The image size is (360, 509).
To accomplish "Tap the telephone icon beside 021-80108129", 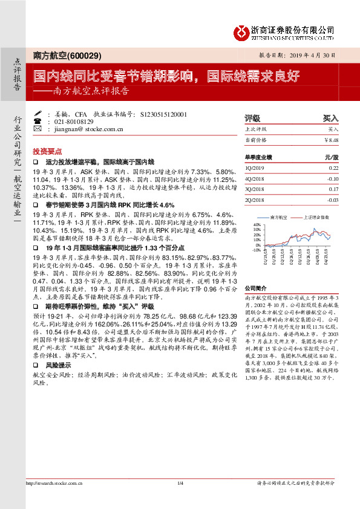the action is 39,121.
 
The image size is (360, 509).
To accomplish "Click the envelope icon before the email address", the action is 39,129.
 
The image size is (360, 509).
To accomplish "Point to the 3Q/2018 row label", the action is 255,189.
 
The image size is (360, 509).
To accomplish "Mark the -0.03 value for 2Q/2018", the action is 332,199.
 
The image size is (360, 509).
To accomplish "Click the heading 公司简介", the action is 256,289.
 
